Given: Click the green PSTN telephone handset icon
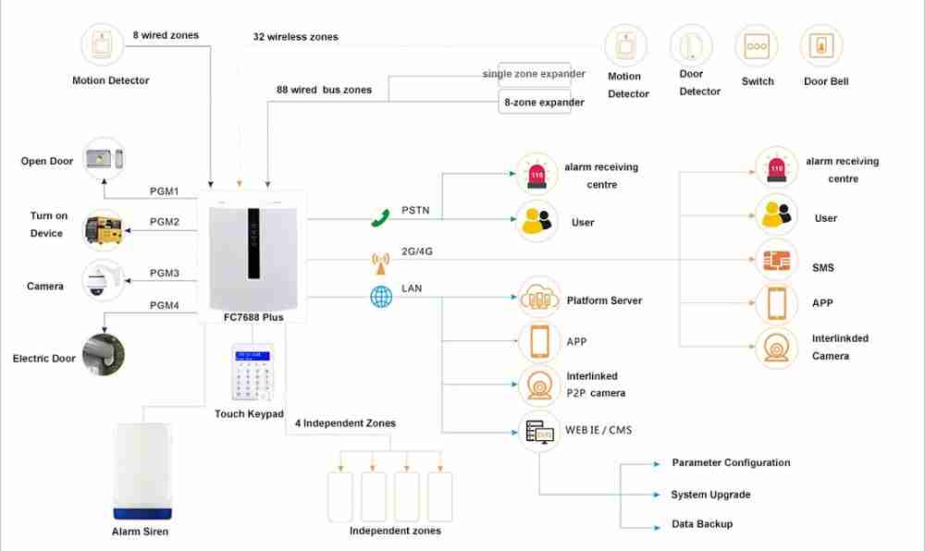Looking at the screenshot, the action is coord(380,217).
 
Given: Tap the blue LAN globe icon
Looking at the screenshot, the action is coord(381,297).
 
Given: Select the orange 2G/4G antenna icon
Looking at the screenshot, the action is coord(380,263).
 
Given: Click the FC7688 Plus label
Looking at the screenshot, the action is coord(253,317).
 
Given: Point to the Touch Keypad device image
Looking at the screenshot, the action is coord(253,372).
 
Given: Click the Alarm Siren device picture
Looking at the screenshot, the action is coord(142,471).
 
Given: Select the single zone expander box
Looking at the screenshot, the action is coord(535,74).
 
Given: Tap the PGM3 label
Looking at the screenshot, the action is coord(165,273).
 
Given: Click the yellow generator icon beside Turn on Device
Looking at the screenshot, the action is coord(104,229).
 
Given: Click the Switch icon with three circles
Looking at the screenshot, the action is coord(757,46).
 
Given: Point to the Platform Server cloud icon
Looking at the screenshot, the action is coord(539,298).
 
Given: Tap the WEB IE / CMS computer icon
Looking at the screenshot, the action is coord(539,432).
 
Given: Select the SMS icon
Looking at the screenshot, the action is coord(776,261).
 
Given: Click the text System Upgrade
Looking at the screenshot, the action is coord(710,495).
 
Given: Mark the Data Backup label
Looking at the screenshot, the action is coord(702,524).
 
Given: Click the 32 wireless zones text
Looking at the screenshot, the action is coord(296,37).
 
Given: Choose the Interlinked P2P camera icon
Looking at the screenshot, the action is coord(539,386).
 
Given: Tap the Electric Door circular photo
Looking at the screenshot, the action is coord(104,355).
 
